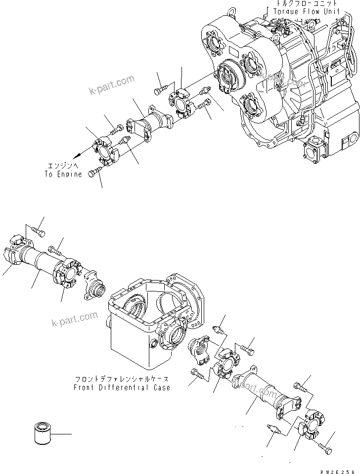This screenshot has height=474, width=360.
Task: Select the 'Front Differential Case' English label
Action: tap(122, 387)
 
